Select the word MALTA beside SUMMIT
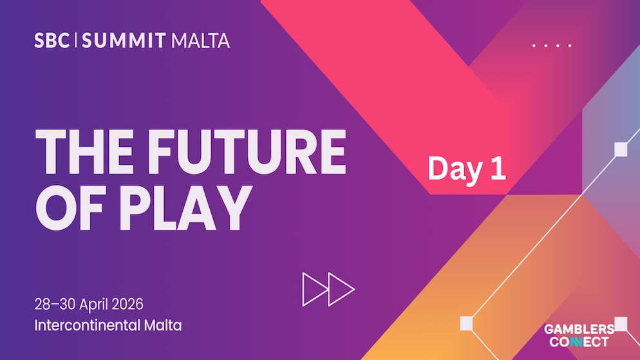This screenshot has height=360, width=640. coord(200,41)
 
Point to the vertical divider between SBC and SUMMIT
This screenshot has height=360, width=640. coord(77,41)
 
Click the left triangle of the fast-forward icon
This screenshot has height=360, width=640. coord(314,289)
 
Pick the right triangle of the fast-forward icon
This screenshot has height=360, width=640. coord(341,289)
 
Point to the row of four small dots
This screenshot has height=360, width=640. coord(552,46)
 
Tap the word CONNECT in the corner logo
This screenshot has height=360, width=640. coord(576,341)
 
